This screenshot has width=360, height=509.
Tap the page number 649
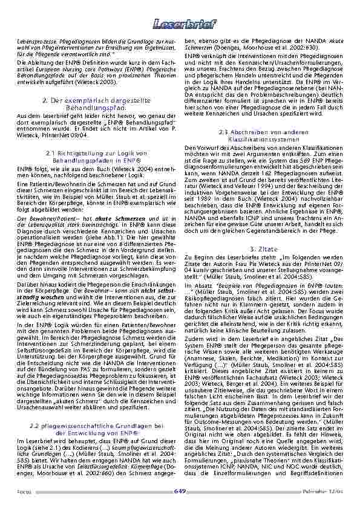pyautogui.click(x=180, y=490)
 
